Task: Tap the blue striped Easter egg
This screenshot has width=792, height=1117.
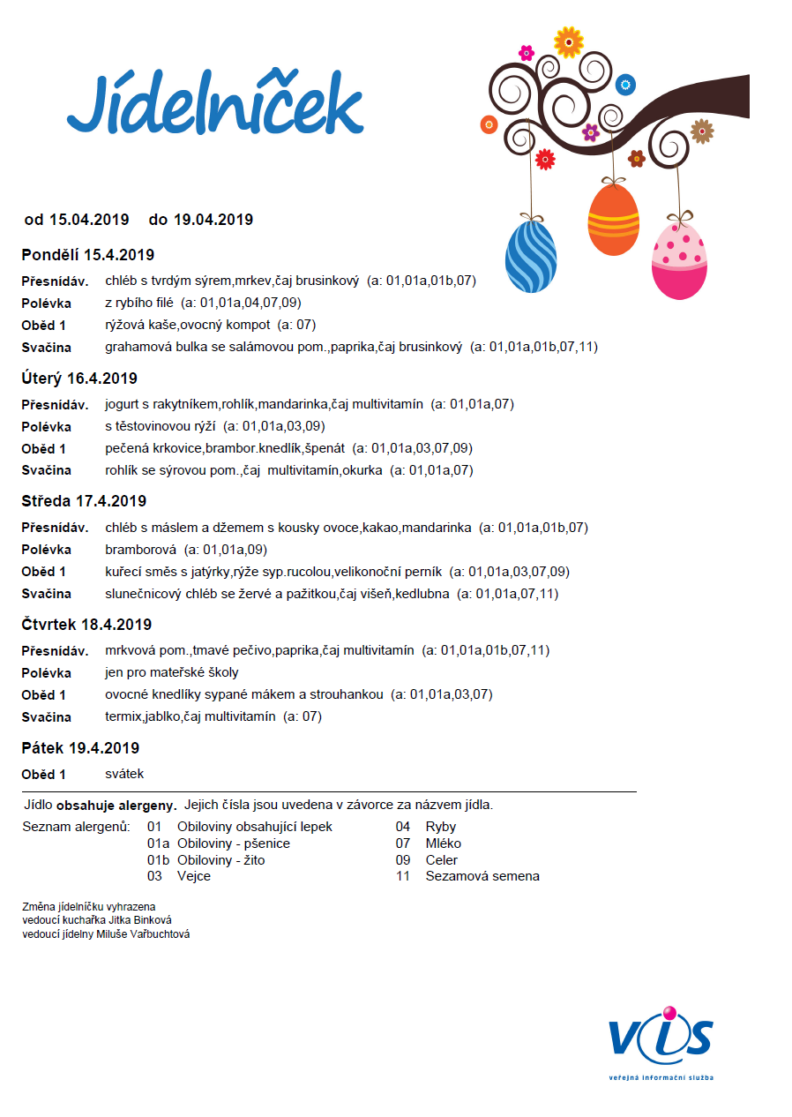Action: [531, 256]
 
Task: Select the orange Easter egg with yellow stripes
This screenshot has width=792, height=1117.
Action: [613, 220]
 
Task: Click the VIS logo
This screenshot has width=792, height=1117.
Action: [660, 1038]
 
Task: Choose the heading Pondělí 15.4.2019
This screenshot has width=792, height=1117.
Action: [88, 255]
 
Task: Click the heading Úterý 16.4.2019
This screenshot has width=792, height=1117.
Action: [79, 379]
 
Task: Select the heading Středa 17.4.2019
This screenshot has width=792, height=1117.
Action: [84, 501]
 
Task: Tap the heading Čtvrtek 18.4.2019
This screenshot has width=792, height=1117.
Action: [86, 625]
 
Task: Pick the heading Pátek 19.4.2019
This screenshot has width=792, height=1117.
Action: [80, 748]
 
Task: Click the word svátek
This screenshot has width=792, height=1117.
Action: [124, 774]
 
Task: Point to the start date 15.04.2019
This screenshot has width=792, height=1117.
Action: [89, 219]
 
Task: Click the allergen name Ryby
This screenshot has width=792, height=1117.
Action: [441, 827]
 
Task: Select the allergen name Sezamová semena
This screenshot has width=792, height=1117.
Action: [482, 876]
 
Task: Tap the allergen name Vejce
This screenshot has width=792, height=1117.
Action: [194, 876]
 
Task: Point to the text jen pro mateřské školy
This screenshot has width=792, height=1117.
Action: [171, 672]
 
